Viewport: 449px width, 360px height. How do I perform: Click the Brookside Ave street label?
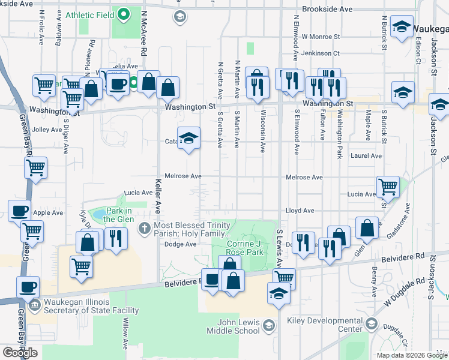tap(327, 10)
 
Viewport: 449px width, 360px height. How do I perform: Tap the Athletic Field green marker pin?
tap(124, 13)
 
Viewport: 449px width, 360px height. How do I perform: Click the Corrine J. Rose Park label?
tap(254, 248)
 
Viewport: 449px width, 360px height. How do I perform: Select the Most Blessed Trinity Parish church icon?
tap(144, 228)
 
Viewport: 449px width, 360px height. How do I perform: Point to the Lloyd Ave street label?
tap(300, 211)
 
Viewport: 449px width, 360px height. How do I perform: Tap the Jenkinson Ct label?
tap(321, 53)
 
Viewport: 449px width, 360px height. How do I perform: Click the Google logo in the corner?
tap(20, 352)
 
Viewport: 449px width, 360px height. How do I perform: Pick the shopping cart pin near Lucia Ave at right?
tap(388, 187)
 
